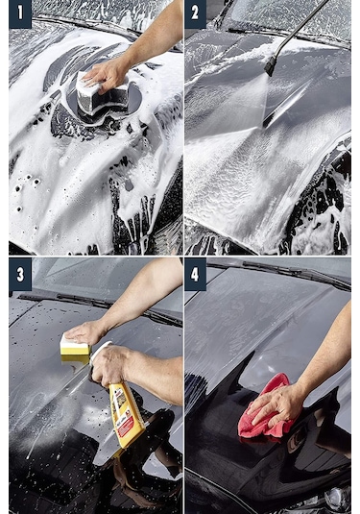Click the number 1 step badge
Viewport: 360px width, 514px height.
point(19,13)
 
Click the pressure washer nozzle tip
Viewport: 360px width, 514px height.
point(271,67)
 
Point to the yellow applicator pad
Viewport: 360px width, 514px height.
point(74,348)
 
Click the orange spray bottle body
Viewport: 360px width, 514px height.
point(126,408)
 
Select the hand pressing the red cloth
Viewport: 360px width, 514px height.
point(278,404)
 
